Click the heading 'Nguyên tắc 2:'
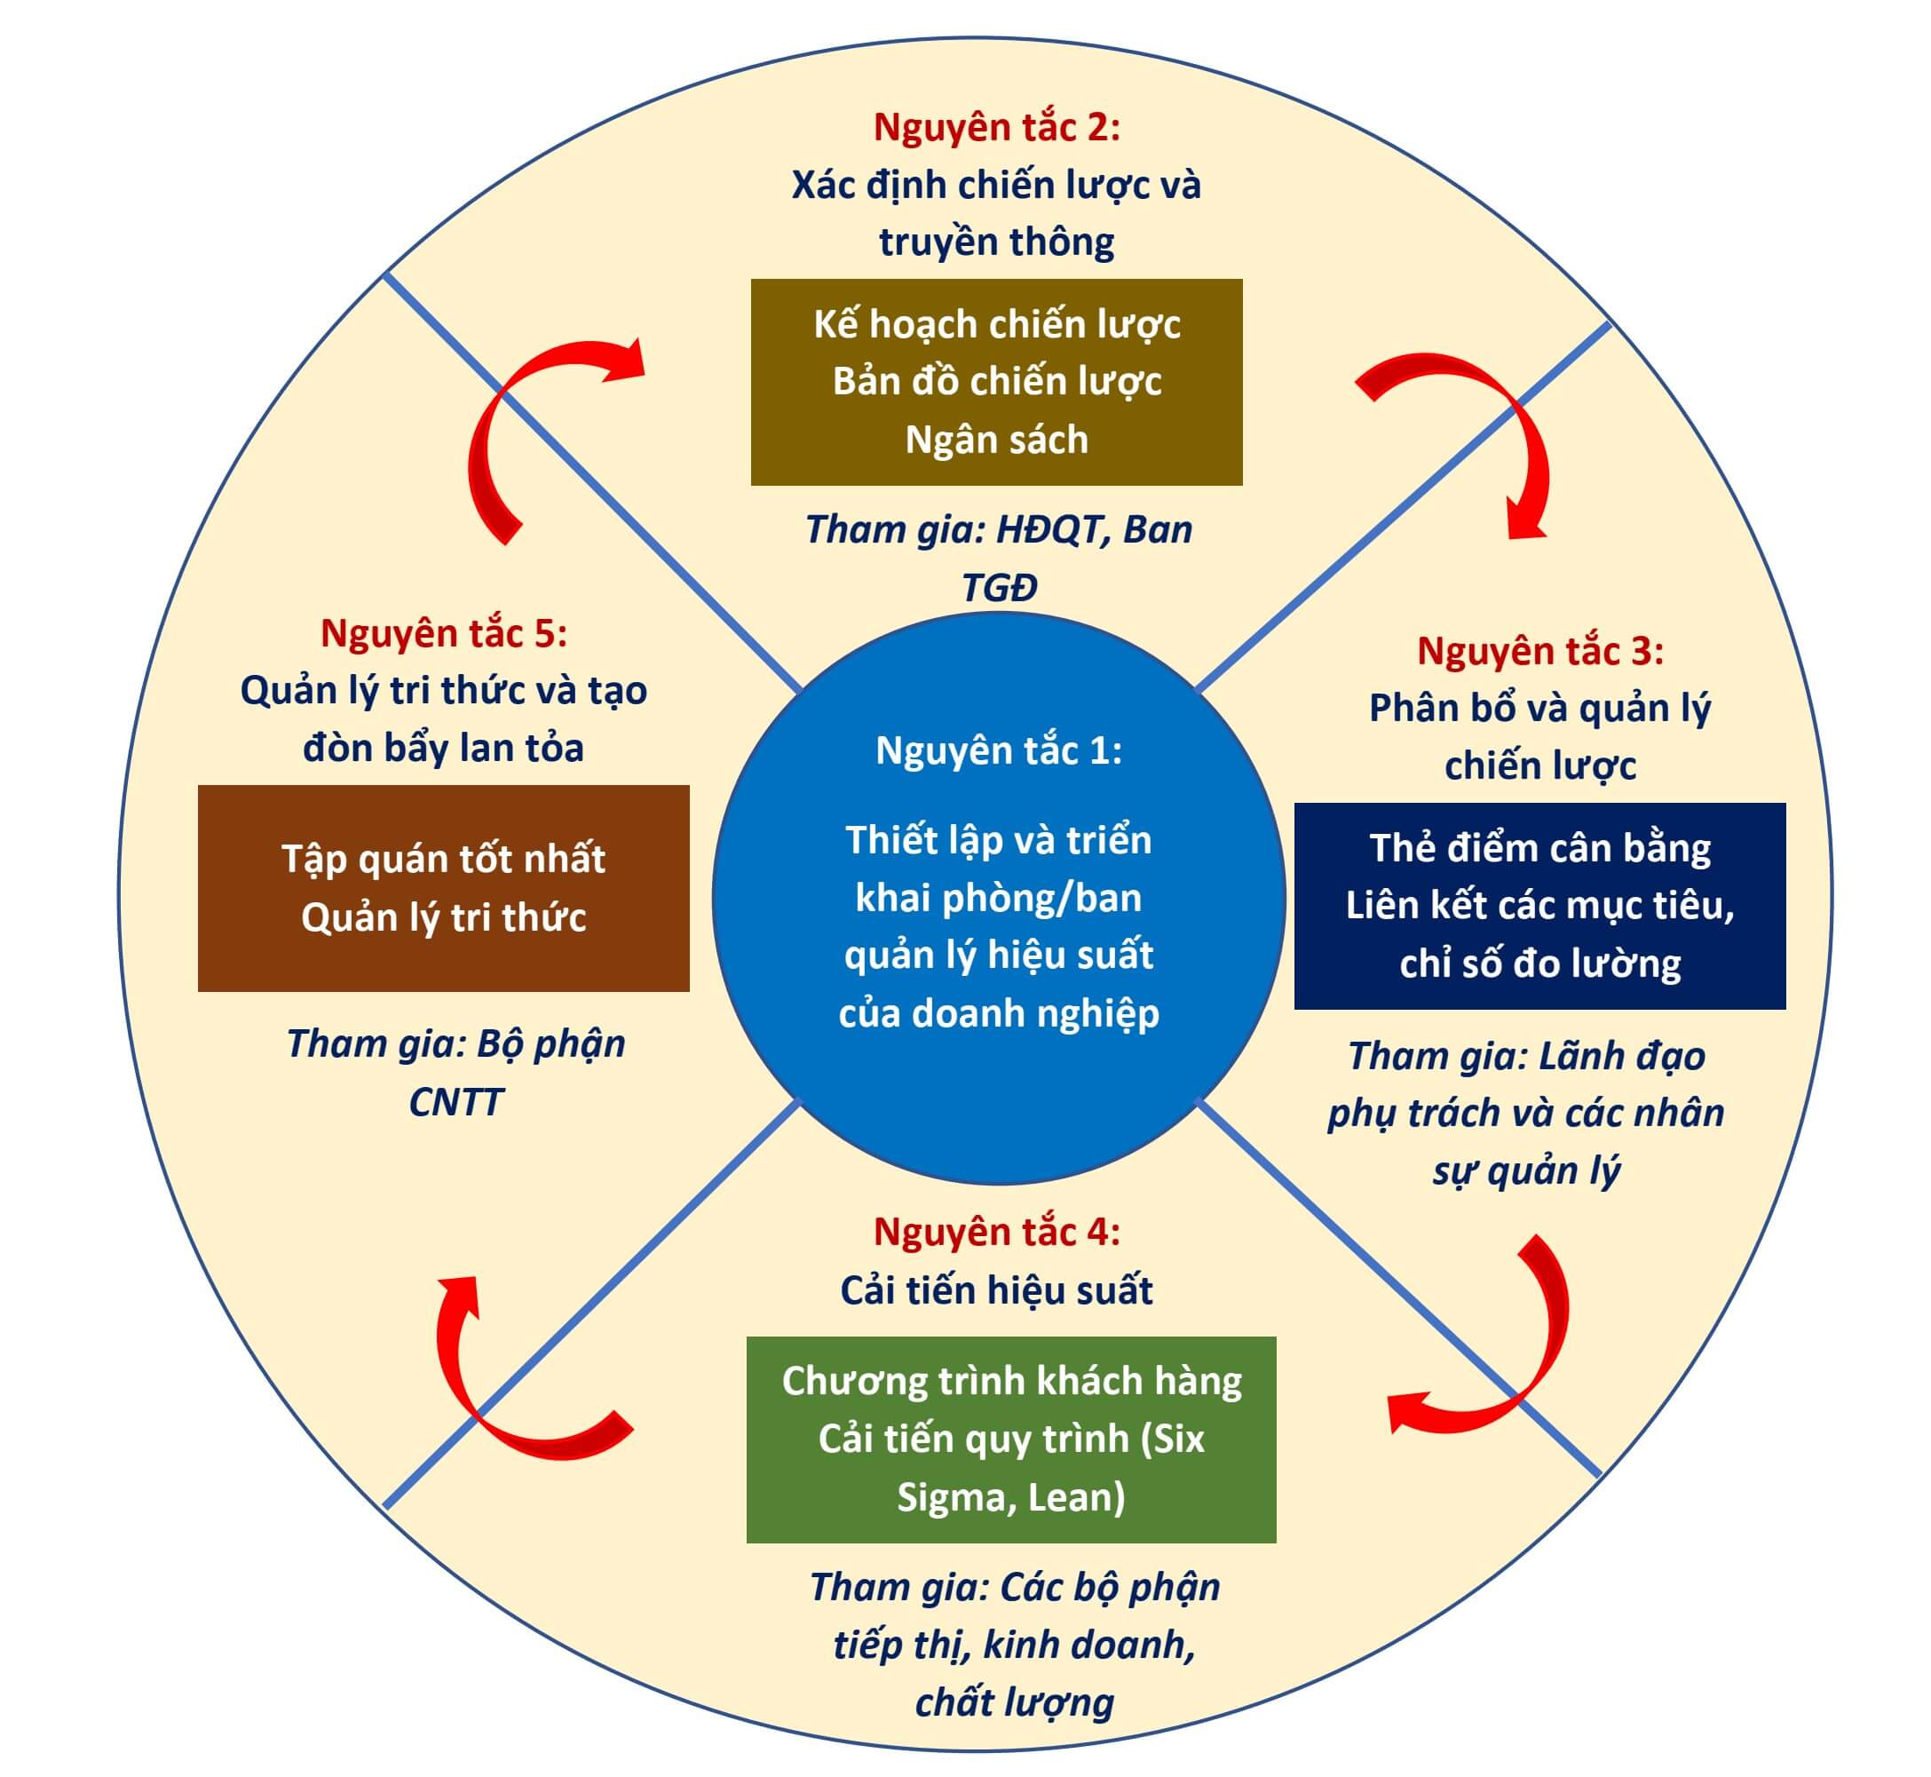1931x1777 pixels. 997,128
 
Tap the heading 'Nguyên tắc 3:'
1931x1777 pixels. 1539,651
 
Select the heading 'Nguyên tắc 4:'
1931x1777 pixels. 997,1232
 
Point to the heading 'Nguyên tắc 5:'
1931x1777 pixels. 443,634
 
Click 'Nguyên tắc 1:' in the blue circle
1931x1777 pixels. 999,751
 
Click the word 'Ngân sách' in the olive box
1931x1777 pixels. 997,440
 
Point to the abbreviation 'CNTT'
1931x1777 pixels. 455,1102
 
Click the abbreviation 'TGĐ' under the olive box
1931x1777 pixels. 1000,588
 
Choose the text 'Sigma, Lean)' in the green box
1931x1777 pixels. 1011,1497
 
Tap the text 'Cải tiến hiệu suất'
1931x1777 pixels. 997,1290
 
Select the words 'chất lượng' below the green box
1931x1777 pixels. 1014,1702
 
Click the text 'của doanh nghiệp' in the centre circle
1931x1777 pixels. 999,1013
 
